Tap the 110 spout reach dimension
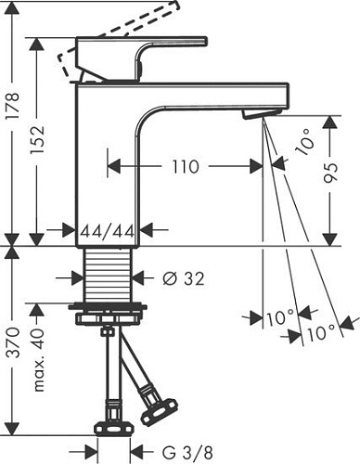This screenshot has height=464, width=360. (185, 167)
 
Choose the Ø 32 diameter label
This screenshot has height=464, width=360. (182, 277)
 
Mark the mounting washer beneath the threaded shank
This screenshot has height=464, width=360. (109, 308)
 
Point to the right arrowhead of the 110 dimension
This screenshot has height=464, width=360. (255, 167)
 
